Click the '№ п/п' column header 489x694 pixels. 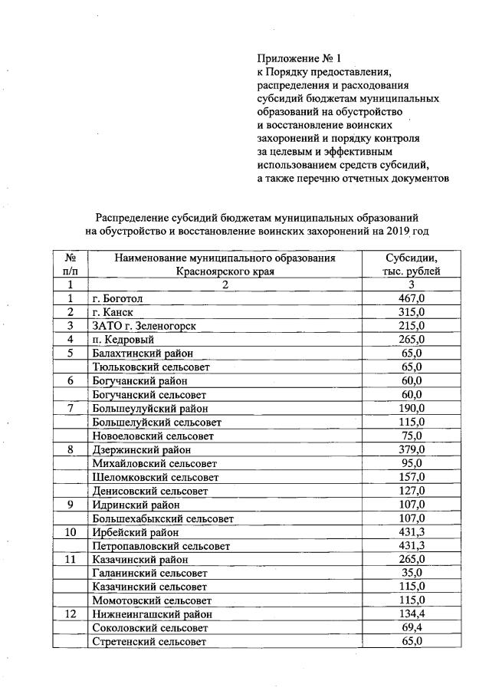(70, 265)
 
